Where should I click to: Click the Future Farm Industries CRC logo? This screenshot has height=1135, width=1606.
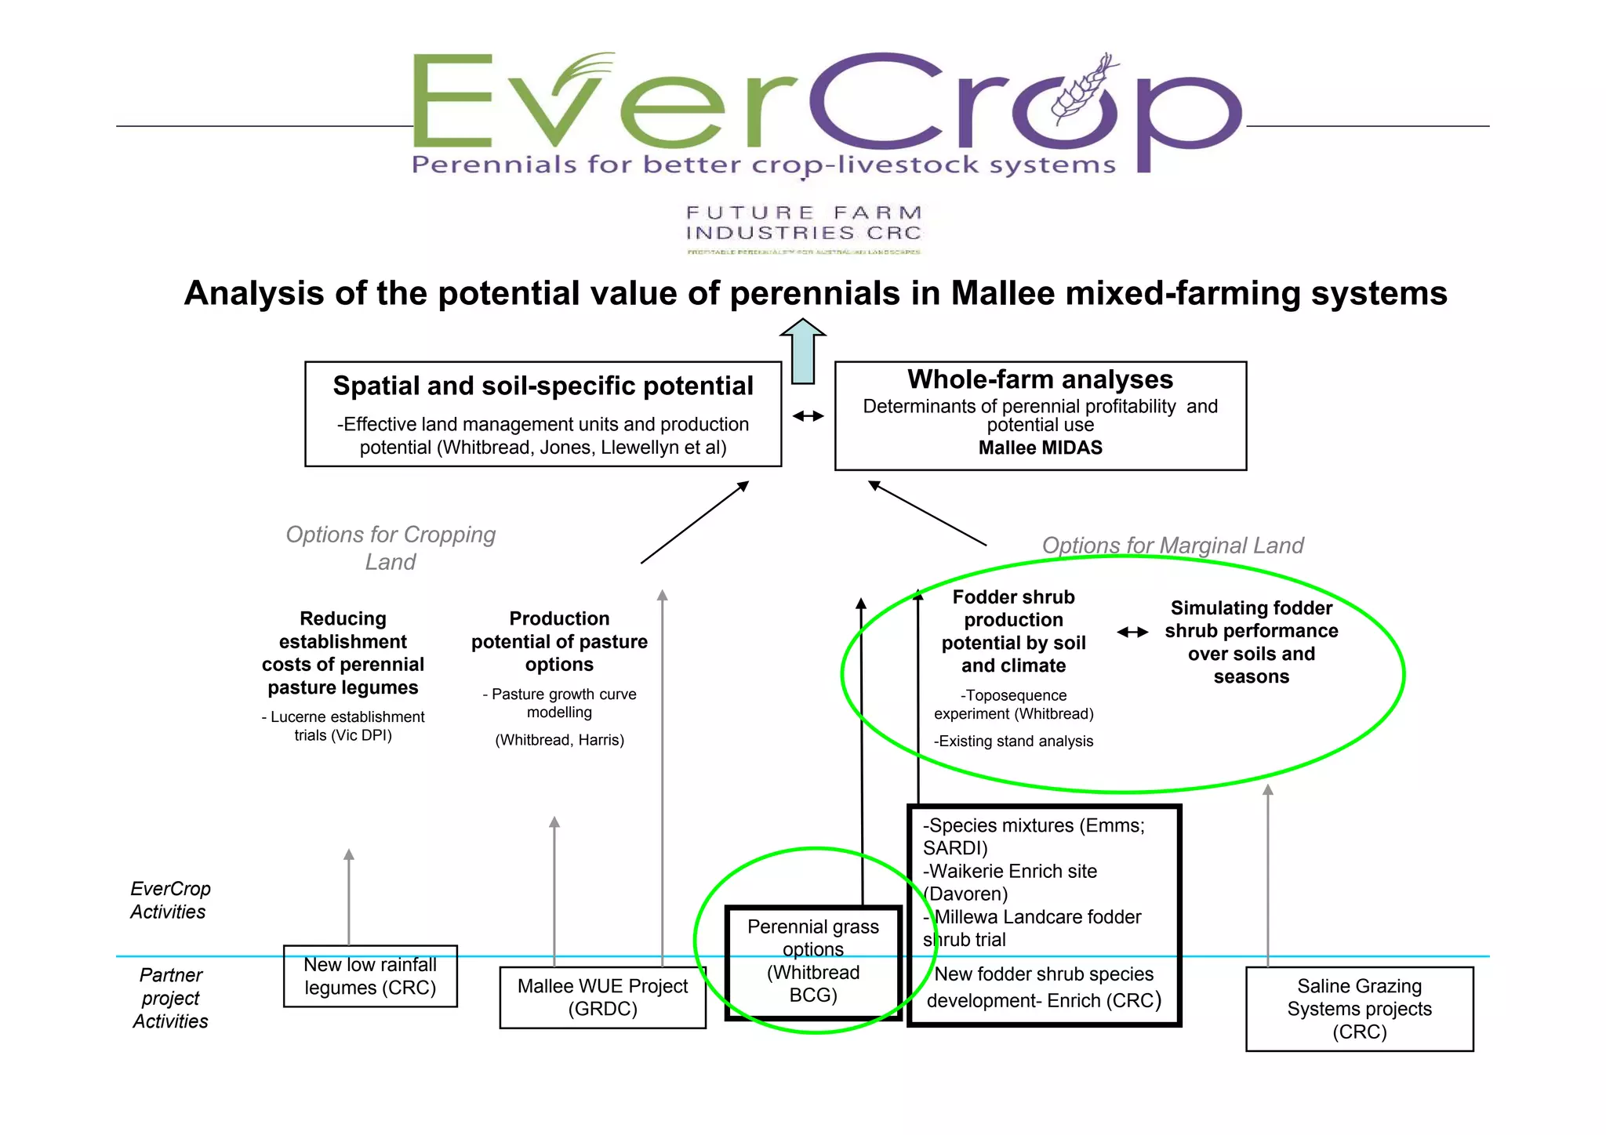click(803, 228)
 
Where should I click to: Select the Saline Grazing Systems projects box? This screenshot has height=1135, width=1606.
click(1359, 1009)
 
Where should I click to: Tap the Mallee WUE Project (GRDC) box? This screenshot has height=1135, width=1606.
click(602, 997)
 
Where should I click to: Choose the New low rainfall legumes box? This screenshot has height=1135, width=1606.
click(370, 976)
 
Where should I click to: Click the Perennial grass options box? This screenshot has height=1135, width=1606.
click(813, 962)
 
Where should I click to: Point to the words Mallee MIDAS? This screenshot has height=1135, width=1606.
click(1040, 448)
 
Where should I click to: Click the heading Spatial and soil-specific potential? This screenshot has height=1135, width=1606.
click(543, 386)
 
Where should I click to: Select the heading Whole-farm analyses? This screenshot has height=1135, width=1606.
click(1040, 379)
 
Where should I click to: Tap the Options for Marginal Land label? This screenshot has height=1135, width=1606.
click(1172, 546)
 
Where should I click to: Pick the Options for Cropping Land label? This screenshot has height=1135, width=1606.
click(391, 548)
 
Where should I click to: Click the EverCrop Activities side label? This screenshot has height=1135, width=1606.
click(169, 900)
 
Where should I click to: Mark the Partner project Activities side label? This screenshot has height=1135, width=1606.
click(170, 998)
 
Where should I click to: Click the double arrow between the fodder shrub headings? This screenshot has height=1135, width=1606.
click(1132, 632)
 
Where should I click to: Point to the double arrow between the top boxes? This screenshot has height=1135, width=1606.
click(808, 416)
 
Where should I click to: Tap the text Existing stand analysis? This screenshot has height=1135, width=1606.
click(1014, 742)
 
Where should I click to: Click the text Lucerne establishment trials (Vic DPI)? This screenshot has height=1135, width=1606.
click(343, 726)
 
